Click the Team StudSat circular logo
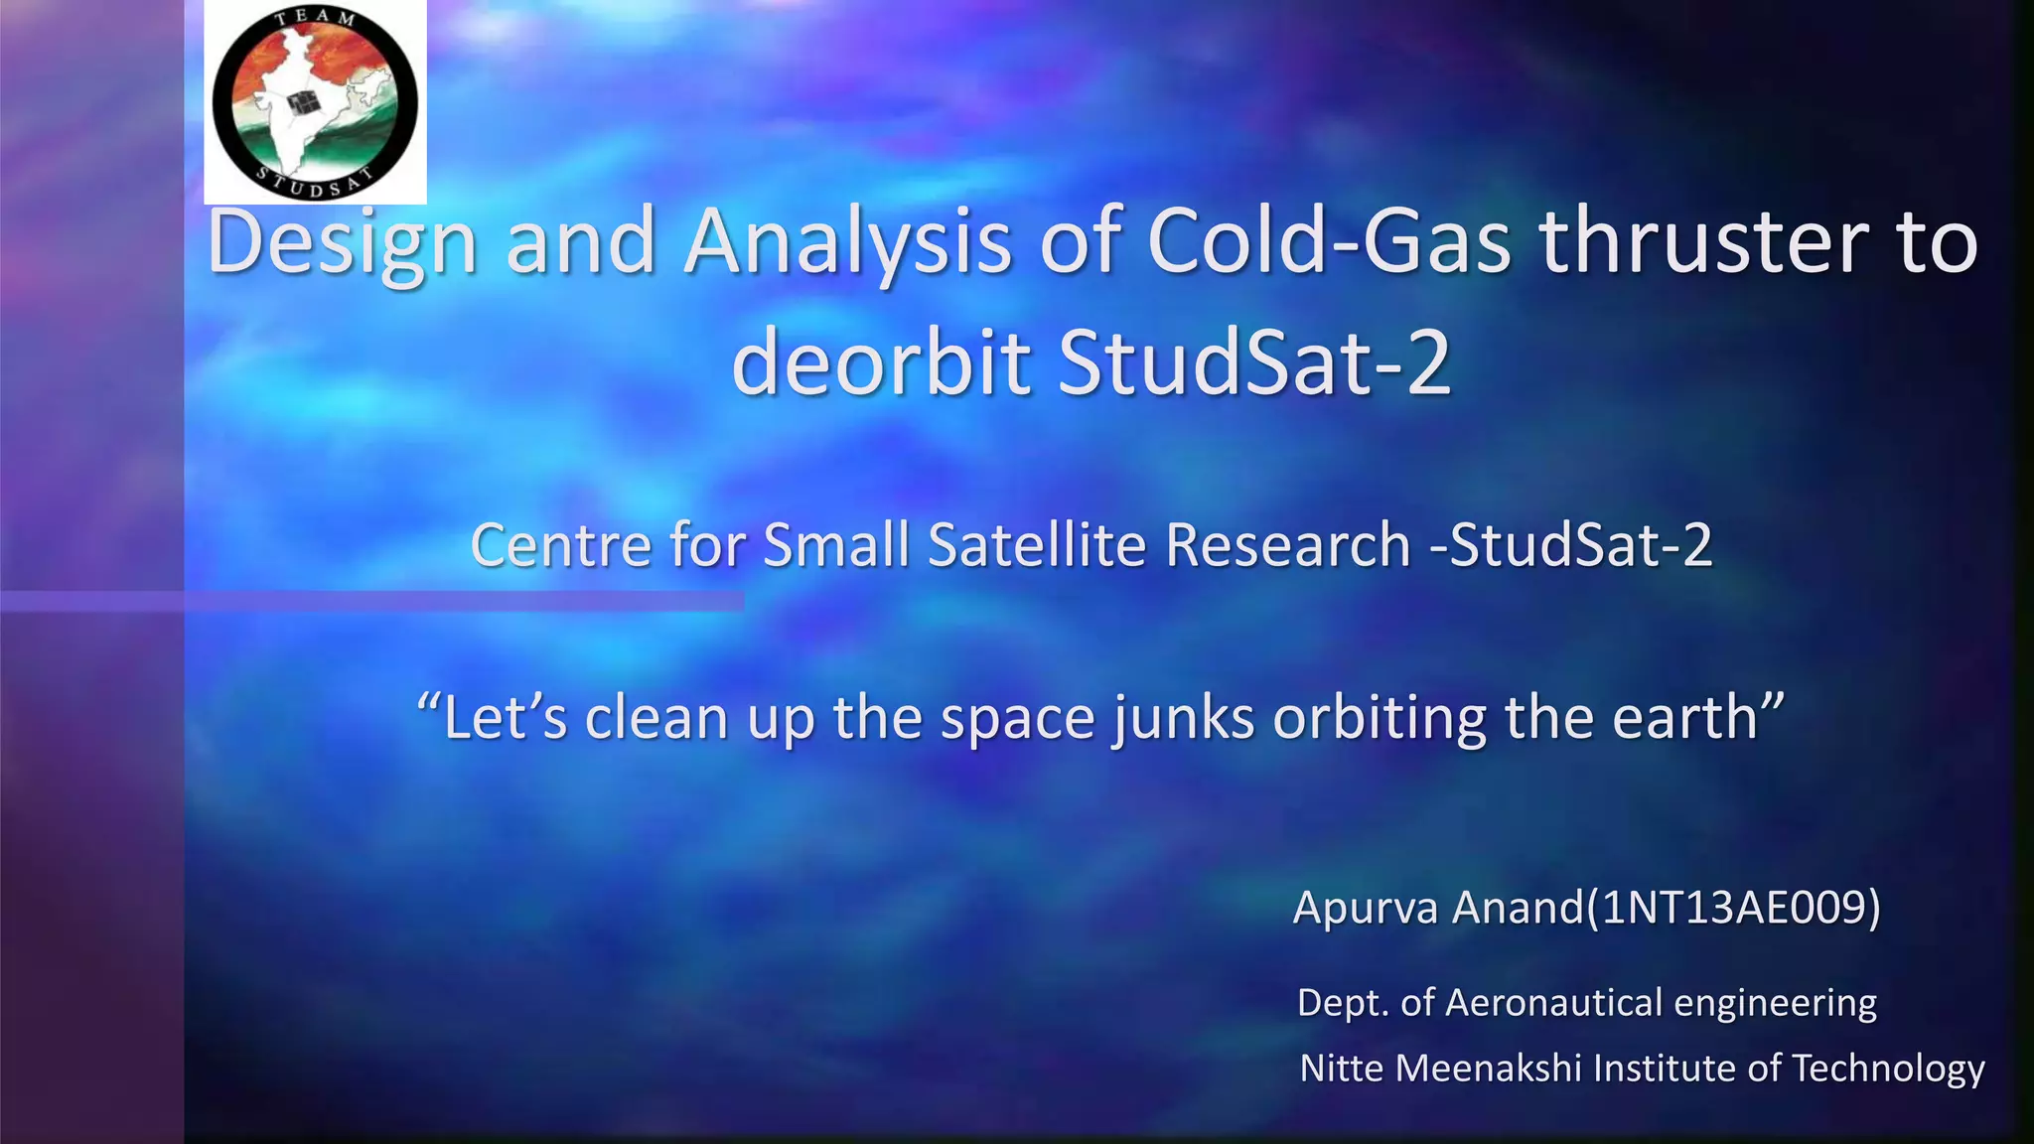[315, 102]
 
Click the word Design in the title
[342, 242]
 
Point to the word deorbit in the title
[880, 361]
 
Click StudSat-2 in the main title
[1253, 361]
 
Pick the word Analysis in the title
[848, 242]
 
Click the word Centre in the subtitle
[559, 545]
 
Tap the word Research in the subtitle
[1287, 545]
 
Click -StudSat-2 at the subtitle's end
[1571, 545]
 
